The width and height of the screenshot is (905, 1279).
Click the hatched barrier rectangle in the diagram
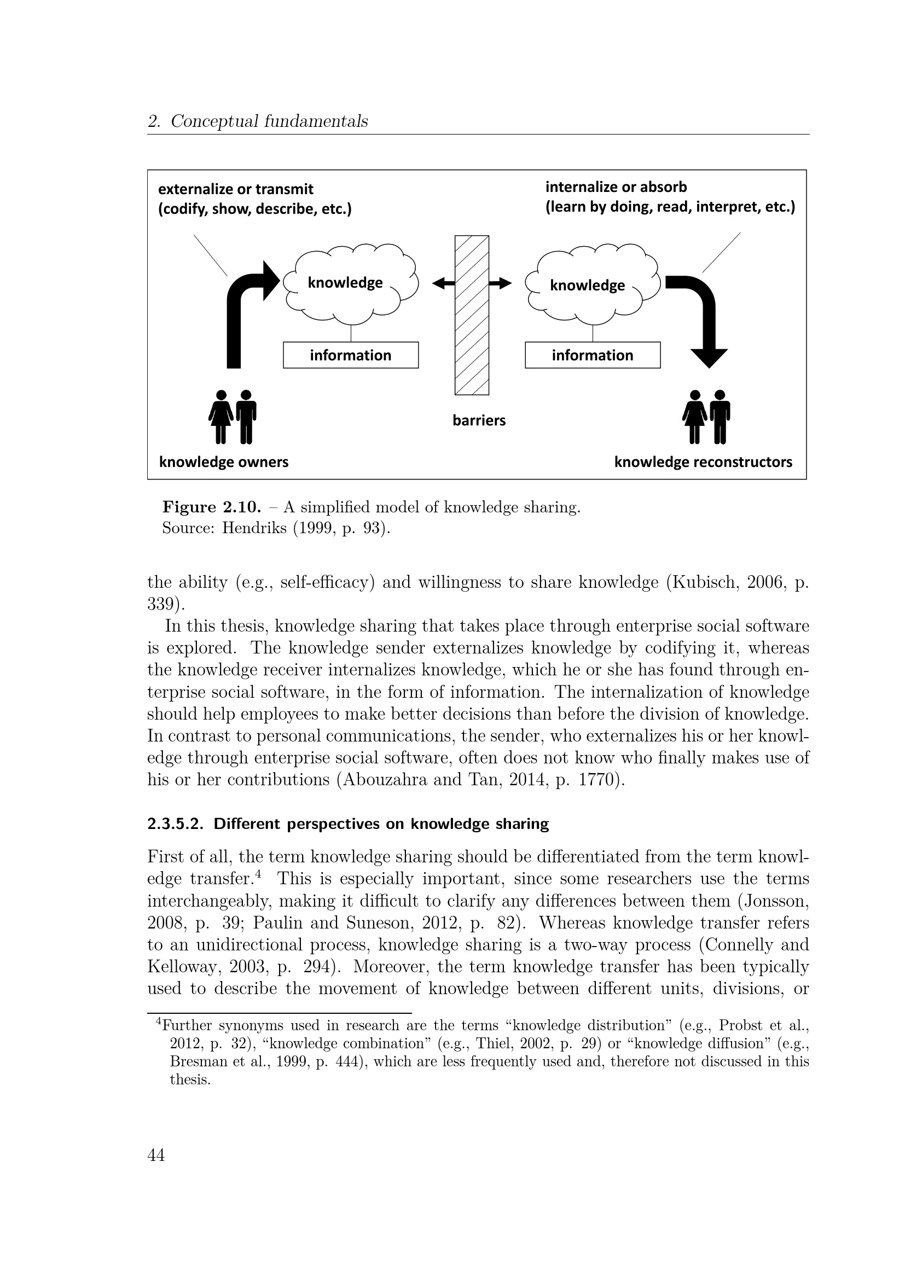click(x=472, y=315)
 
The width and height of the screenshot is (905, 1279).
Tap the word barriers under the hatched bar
click(x=479, y=420)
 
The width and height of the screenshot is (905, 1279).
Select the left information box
click(x=351, y=355)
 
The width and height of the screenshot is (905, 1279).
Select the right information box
click(x=593, y=355)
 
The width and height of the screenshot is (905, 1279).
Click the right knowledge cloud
click(x=593, y=285)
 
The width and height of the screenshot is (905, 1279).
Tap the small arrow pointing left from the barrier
click(x=444, y=284)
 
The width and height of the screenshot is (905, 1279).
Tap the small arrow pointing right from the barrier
click(x=501, y=284)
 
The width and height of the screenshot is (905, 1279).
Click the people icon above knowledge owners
click(x=233, y=417)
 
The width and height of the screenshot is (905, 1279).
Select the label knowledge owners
click(x=223, y=462)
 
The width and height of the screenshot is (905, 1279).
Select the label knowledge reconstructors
click(x=703, y=462)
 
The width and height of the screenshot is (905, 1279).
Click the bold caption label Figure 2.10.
click(x=212, y=507)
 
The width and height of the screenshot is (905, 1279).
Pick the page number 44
click(x=156, y=1155)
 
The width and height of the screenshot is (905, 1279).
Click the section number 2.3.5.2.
click(x=175, y=824)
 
